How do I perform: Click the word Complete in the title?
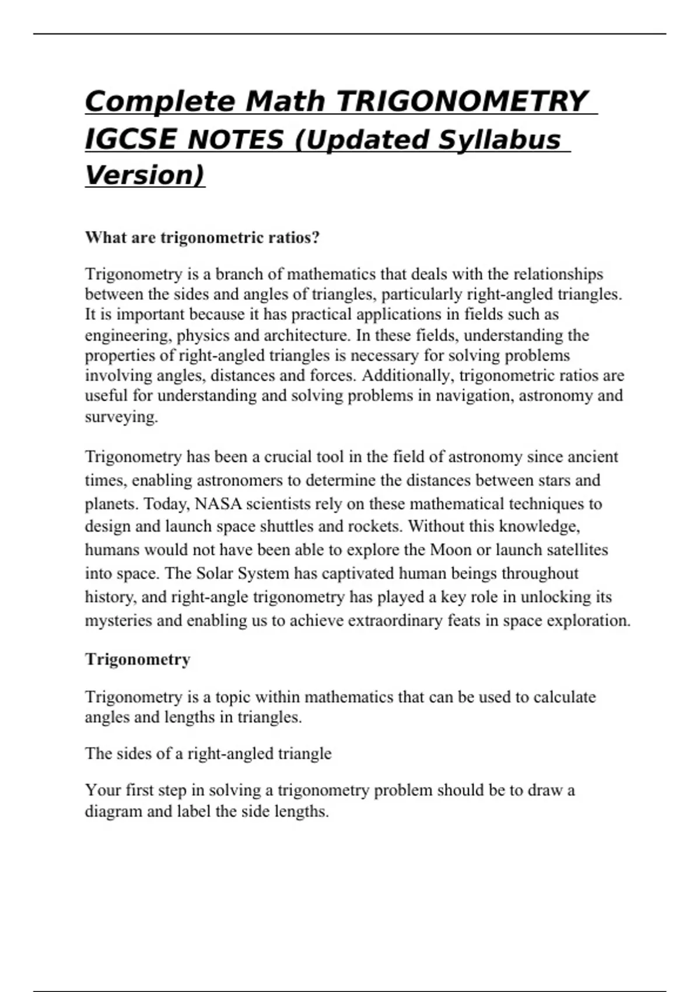pyautogui.click(x=159, y=102)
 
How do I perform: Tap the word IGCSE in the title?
pyautogui.click(x=130, y=139)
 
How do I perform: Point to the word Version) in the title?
pyautogui.click(x=145, y=175)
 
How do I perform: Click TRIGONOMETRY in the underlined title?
pyautogui.click(x=462, y=102)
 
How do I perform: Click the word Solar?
pyautogui.click(x=213, y=573)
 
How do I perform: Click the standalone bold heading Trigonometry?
pyautogui.click(x=138, y=659)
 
